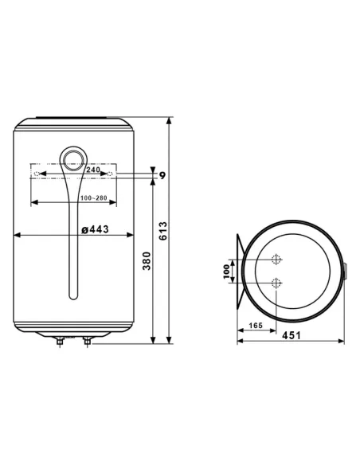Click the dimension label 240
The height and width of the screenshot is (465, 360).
pyautogui.click(x=93, y=170)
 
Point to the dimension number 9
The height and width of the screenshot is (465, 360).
pyautogui.click(x=162, y=174)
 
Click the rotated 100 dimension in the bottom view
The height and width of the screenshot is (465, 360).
pyautogui.click(x=225, y=272)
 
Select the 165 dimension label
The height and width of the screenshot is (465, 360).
pyautogui.click(x=256, y=326)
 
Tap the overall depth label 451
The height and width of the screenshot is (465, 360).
pyautogui.click(x=293, y=334)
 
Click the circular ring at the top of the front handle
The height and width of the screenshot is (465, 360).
pyautogui.click(x=72, y=159)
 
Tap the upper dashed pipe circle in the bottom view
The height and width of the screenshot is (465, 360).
pyautogui.click(x=276, y=260)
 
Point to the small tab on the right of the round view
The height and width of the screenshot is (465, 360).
pyautogui.click(x=344, y=272)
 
